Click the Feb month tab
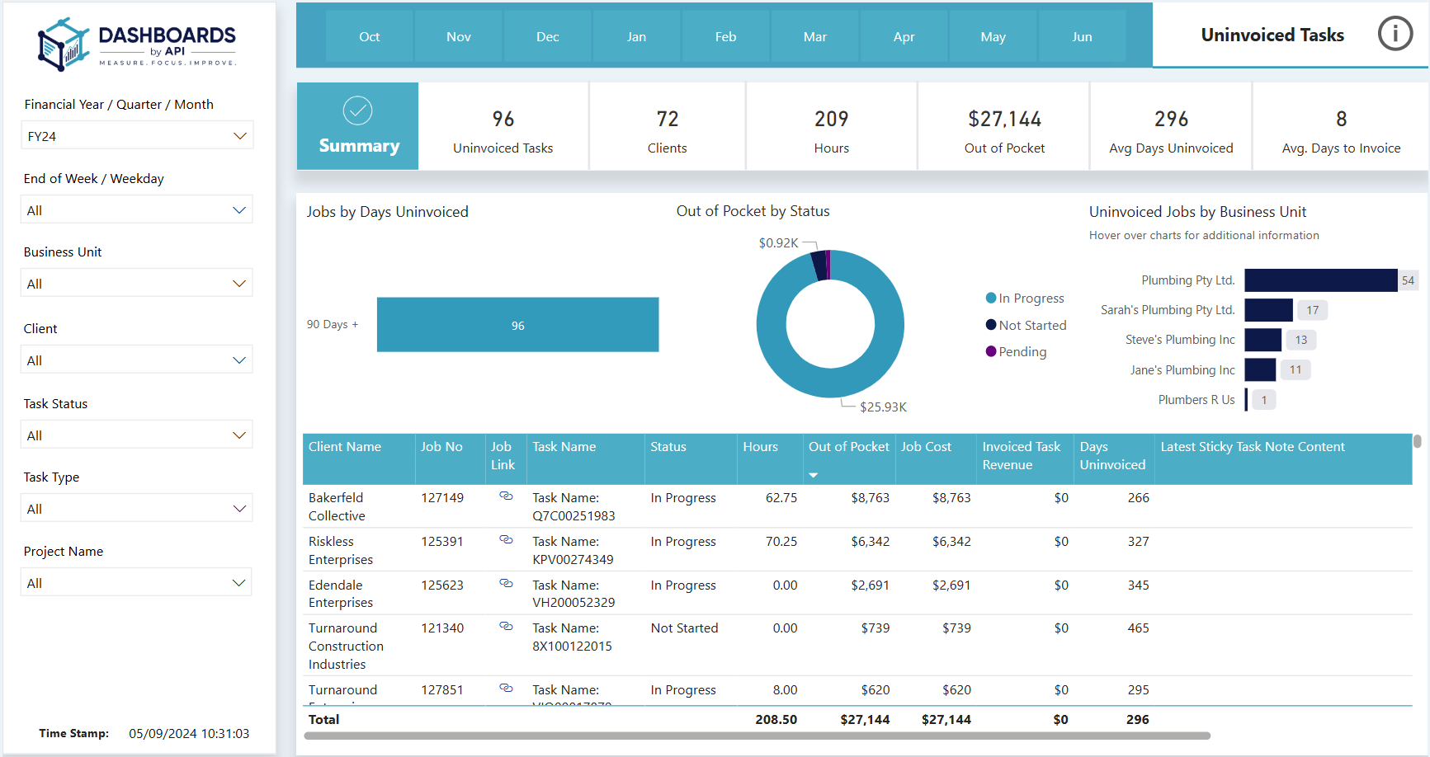(x=726, y=36)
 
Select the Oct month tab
(x=370, y=36)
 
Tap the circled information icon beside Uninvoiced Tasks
(x=1395, y=34)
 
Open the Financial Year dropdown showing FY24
(x=137, y=136)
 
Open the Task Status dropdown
(x=137, y=435)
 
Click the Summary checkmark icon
(x=358, y=110)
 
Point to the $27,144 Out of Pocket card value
(x=1004, y=120)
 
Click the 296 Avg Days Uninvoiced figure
(x=1171, y=120)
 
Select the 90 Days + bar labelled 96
(x=518, y=325)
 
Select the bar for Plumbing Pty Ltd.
(x=1321, y=280)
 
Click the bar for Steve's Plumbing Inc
(x=1263, y=340)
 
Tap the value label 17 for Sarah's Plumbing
(x=1312, y=310)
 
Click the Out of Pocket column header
(x=848, y=447)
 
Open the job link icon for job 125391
(x=507, y=540)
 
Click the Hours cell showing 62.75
(x=781, y=498)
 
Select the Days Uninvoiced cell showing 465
(x=1139, y=628)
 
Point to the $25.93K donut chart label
(x=883, y=407)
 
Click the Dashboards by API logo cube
(x=63, y=45)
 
